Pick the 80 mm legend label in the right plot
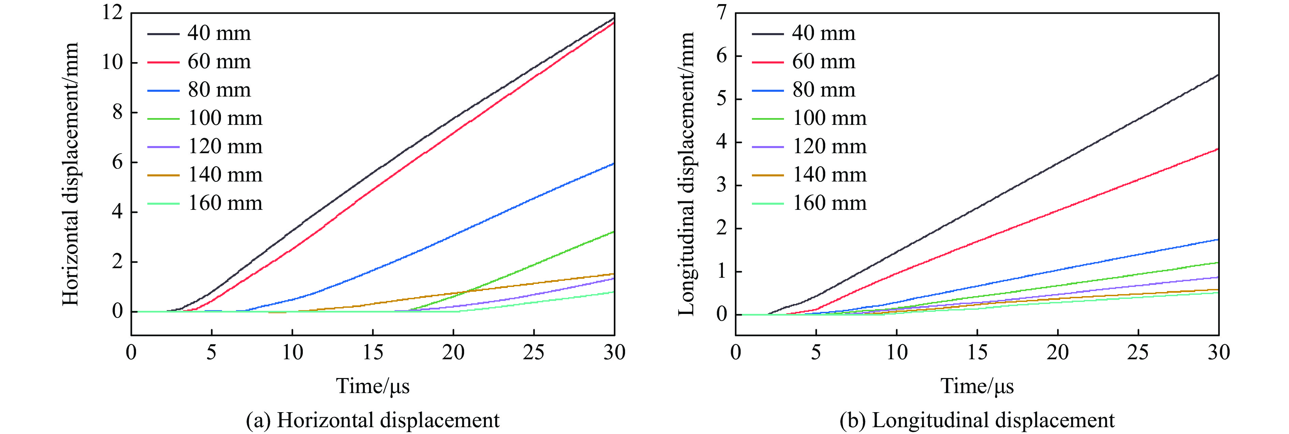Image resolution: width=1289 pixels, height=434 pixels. (x=824, y=90)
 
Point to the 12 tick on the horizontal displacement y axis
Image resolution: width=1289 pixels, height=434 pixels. (x=113, y=13)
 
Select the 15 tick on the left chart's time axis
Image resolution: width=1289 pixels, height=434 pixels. (x=373, y=352)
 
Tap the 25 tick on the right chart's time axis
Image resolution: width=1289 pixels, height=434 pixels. (x=1138, y=352)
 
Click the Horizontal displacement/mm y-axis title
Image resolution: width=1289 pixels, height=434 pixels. (x=71, y=174)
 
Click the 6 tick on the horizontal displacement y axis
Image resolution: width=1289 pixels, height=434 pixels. (x=117, y=162)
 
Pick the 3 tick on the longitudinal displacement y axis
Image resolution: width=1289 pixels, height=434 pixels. (x=721, y=185)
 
